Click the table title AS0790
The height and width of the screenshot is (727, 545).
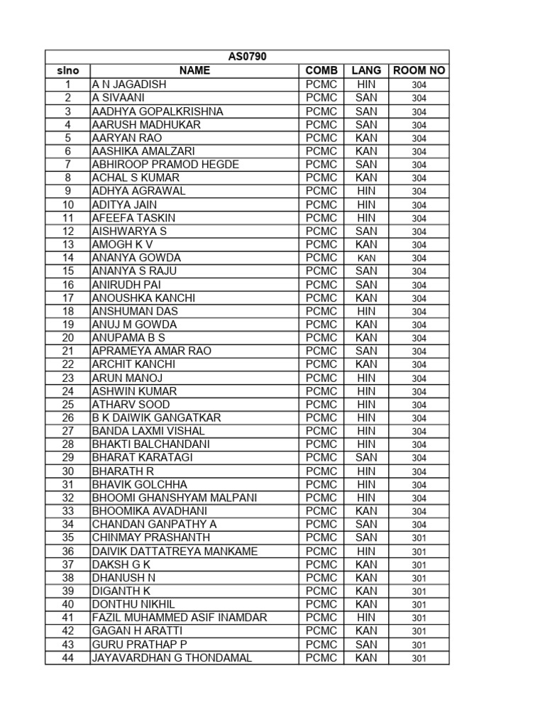click(x=247, y=57)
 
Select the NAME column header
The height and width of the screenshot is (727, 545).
click(x=194, y=70)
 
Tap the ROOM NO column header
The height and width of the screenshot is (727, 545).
click(x=419, y=70)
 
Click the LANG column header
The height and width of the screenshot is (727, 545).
click(x=366, y=70)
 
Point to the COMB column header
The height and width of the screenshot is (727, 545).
click(x=321, y=70)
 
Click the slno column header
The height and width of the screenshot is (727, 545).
click(x=68, y=70)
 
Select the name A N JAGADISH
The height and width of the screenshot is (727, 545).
click(x=129, y=84)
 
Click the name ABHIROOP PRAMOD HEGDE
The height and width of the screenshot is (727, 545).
click(x=165, y=165)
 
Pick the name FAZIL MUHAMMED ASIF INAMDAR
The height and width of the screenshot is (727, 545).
click(x=180, y=618)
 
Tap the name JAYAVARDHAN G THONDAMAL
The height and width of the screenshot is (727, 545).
click(x=172, y=658)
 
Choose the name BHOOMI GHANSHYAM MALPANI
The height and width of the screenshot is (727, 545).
click(x=175, y=498)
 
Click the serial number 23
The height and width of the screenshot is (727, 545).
click(x=68, y=378)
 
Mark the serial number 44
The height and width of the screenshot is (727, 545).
click(x=68, y=658)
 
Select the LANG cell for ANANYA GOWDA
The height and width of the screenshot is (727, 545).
click(x=366, y=258)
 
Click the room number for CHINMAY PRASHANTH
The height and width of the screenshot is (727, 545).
click(x=419, y=538)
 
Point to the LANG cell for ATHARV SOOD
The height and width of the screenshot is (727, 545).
click(x=366, y=405)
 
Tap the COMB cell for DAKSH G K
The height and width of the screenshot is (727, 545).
click(x=321, y=564)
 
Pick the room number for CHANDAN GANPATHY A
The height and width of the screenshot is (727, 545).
click(x=419, y=525)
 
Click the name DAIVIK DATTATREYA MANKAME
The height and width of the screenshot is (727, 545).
click(x=175, y=552)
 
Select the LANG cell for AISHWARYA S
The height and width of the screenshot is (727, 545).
click(x=366, y=231)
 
